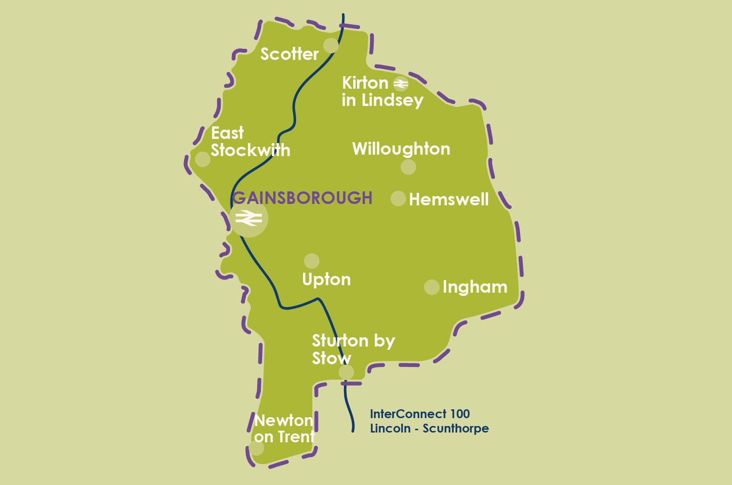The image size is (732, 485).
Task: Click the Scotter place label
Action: click(x=289, y=54)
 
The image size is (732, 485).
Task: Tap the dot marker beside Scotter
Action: click(x=331, y=46)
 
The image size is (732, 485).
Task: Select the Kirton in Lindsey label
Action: click(x=382, y=92)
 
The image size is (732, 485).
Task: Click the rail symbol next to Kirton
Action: click(x=401, y=84)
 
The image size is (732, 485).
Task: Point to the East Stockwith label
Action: click(x=250, y=142)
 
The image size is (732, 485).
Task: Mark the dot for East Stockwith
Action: click(x=203, y=159)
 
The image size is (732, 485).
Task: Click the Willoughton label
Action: click(x=401, y=149)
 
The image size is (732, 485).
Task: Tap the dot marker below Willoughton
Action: click(x=408, y=167)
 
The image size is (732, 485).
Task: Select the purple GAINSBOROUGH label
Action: click(x=303, y=198)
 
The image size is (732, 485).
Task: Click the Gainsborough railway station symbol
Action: click(x=249, y=218)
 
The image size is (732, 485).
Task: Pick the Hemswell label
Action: click(x=448, y=200)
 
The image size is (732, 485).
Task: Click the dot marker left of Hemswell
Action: click(x=398, y=198)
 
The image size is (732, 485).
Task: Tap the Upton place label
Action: click(x=326, y=280)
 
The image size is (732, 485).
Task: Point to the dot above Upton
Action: click(x=311, y=261)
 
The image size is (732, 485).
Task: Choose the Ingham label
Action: click(x=475, y=287)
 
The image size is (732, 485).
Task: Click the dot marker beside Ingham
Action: click(x=432, y=287)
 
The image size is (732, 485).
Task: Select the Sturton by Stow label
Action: click(x=353, y=349)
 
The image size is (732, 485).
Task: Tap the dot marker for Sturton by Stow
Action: click(x=346, y=373)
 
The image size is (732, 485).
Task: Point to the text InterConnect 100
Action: click(x=420, y=414)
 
